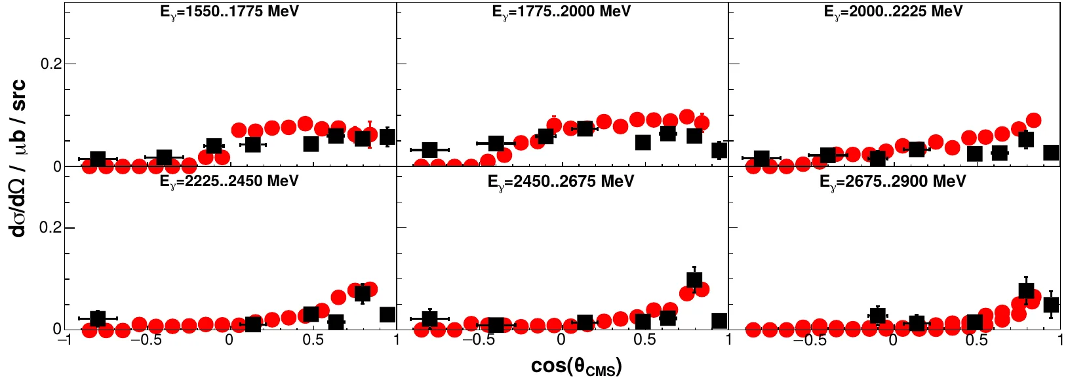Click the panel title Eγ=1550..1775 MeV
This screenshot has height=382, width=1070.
point(229,12)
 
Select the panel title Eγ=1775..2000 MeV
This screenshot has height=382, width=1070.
point(561,12)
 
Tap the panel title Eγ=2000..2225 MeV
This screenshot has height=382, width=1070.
point(893,12)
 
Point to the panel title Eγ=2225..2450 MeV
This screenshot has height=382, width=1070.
point(229,181)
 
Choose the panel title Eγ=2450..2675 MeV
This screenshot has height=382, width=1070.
point(561,181)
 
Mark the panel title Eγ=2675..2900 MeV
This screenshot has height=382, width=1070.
point(893,181)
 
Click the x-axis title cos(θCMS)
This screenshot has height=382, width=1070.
point(576,366)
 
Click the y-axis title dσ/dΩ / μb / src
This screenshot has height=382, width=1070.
point(18,157)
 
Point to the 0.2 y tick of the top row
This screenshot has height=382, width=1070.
point(50,64)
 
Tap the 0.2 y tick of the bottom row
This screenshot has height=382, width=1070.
point(50,227)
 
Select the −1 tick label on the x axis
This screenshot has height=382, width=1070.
point(64,339)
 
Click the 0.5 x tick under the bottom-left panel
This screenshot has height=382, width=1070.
point(313,339)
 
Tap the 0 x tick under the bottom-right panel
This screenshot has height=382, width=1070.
point(893,339)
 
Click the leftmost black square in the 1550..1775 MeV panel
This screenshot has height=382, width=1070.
point(98,159)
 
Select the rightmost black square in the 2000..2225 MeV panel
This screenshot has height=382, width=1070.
point(1051,153)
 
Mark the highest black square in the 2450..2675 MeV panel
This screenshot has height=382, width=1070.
point(694,280)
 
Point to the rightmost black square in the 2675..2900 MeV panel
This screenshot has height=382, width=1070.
point(1051,305)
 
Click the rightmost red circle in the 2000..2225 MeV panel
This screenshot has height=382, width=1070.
point(1034,120)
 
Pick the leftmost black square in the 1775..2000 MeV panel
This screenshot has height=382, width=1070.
point(429,150)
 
